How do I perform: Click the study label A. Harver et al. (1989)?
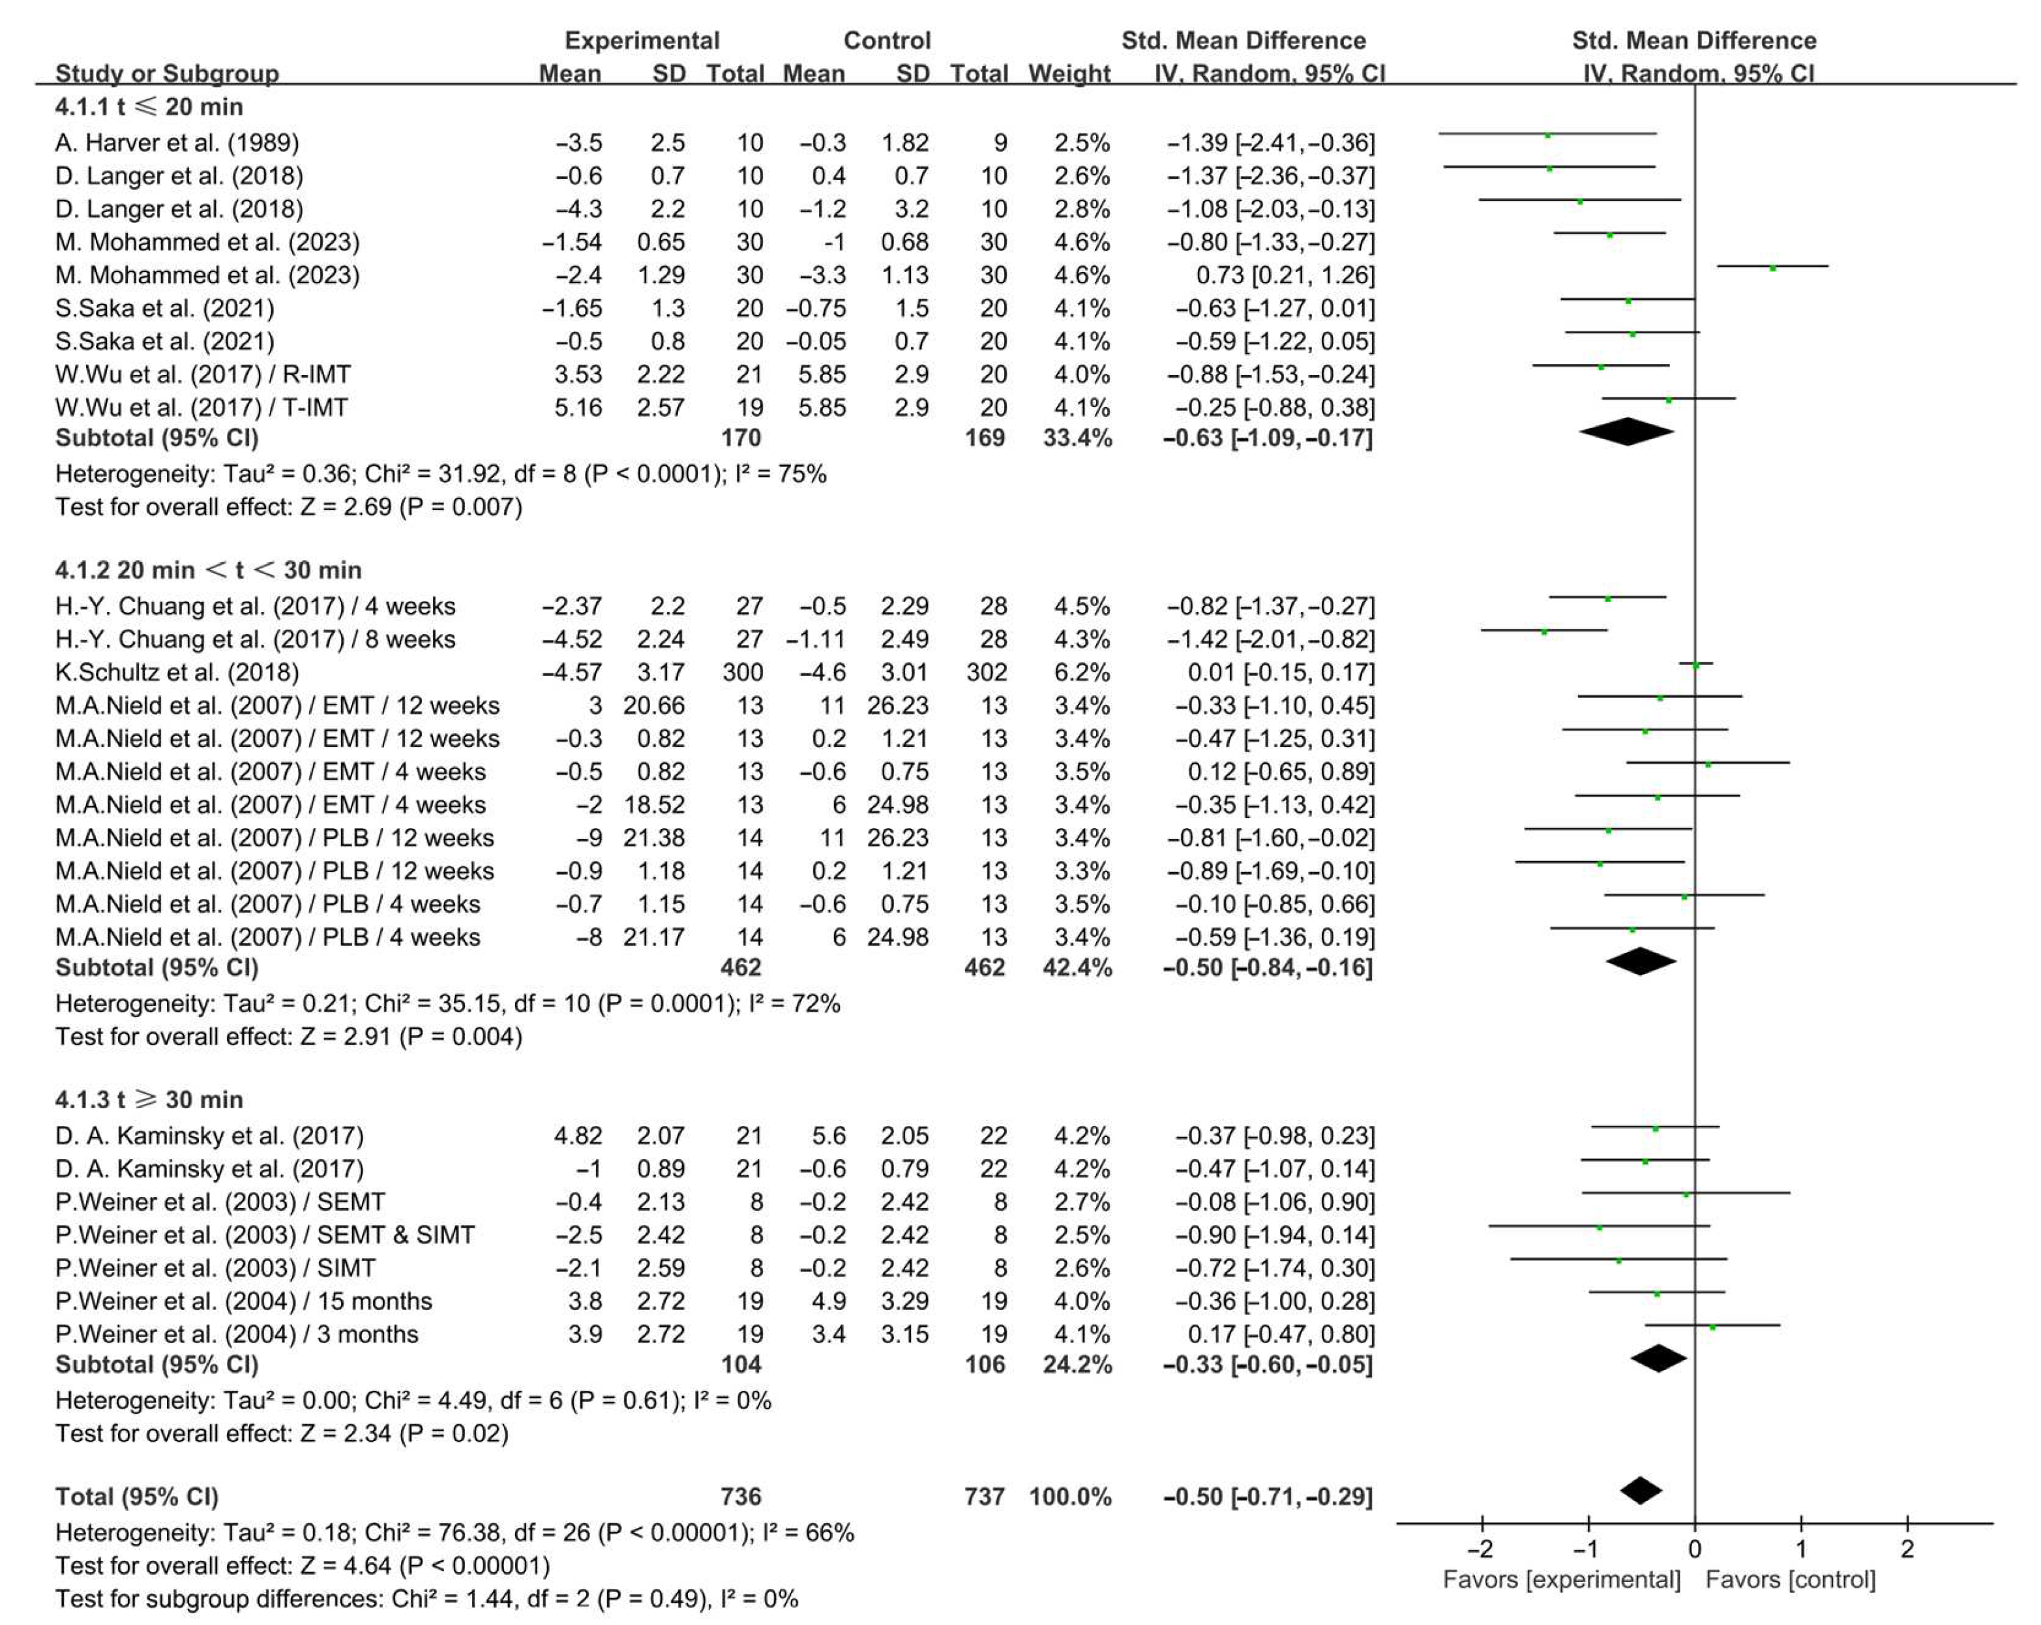pyautogui.click(x=177, y=143)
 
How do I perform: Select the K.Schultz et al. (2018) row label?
pyautogui.click(x=177, y=673)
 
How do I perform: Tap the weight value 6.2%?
pyautogui.click(x=1082, y=673)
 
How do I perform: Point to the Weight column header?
pyautogui.click(x=1069, y=73)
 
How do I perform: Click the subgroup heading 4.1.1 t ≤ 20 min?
pyautogui.click(x=149, y=107)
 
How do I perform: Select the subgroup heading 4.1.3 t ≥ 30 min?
pyautogui.click(x=149, y=1099)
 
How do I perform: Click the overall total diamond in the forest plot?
pyautogui.click(x=1641, y=1491)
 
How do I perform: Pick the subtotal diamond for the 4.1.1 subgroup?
pyautogui.click(x=1626, y=432)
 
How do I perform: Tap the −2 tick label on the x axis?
pyautogui.click(x=1481, y=1549)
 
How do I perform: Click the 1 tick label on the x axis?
pyautogui.click(x=1800, y=1549)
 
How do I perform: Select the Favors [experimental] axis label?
pyautogui.click(x=1561, y=1579)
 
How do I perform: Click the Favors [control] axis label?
pyautogui.click(x=1790, y=1579)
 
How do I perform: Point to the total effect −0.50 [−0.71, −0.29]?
pyautogui.click(x=1268, y=1496)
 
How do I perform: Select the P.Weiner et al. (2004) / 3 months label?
pyautogui.click(x=237, y=1334)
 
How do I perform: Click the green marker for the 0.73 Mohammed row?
pyautogui.click(x=1772, y=268)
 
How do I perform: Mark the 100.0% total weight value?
pyautogui.click(x=1069, y=1496)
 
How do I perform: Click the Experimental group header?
pyautogui.click(x=642, y=40)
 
